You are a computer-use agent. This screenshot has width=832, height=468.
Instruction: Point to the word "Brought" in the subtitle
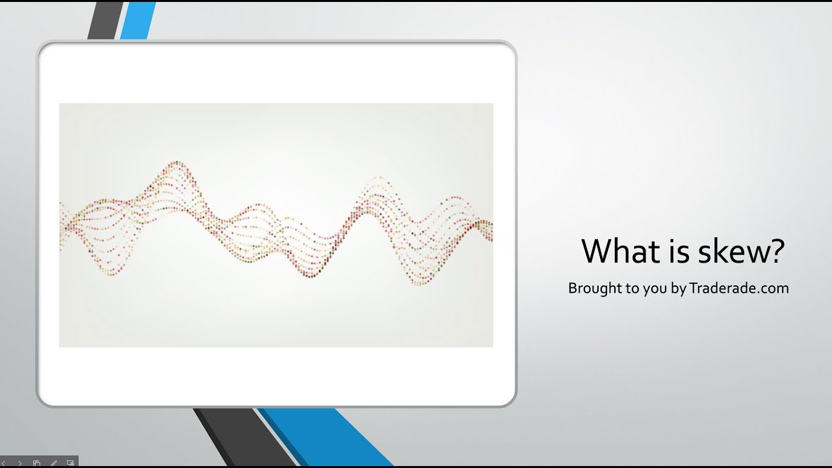(594, 288)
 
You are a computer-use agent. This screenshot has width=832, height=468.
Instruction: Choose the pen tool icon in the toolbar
(54, 463)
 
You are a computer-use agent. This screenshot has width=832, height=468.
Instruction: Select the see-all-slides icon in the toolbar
(37, 463)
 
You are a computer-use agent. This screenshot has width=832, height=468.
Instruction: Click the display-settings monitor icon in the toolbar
(70, 463)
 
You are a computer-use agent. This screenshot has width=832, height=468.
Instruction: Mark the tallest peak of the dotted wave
(174, 164)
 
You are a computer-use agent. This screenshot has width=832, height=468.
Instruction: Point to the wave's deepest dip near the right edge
(420, 283)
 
